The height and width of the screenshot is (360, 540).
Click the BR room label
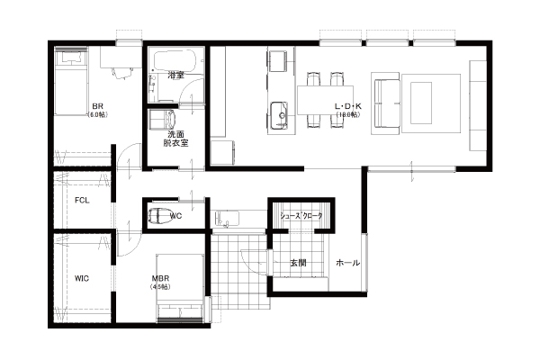97,106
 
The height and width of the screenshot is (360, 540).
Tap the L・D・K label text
348,106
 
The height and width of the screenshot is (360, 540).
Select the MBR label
160,278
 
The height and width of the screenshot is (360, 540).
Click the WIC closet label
82,278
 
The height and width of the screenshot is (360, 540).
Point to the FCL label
82,200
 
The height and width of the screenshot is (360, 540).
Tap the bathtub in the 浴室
175,60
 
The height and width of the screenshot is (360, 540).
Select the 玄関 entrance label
298,263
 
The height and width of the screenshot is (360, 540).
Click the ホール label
347,263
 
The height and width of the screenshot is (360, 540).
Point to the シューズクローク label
301,216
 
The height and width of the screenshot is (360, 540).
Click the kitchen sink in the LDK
279,115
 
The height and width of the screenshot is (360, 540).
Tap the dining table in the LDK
326,100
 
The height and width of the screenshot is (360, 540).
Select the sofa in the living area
386,103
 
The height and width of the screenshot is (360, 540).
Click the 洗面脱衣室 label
176,139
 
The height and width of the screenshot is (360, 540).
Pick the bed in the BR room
71,81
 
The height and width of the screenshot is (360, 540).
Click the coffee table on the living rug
420,103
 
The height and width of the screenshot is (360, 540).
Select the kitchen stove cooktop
278,61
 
